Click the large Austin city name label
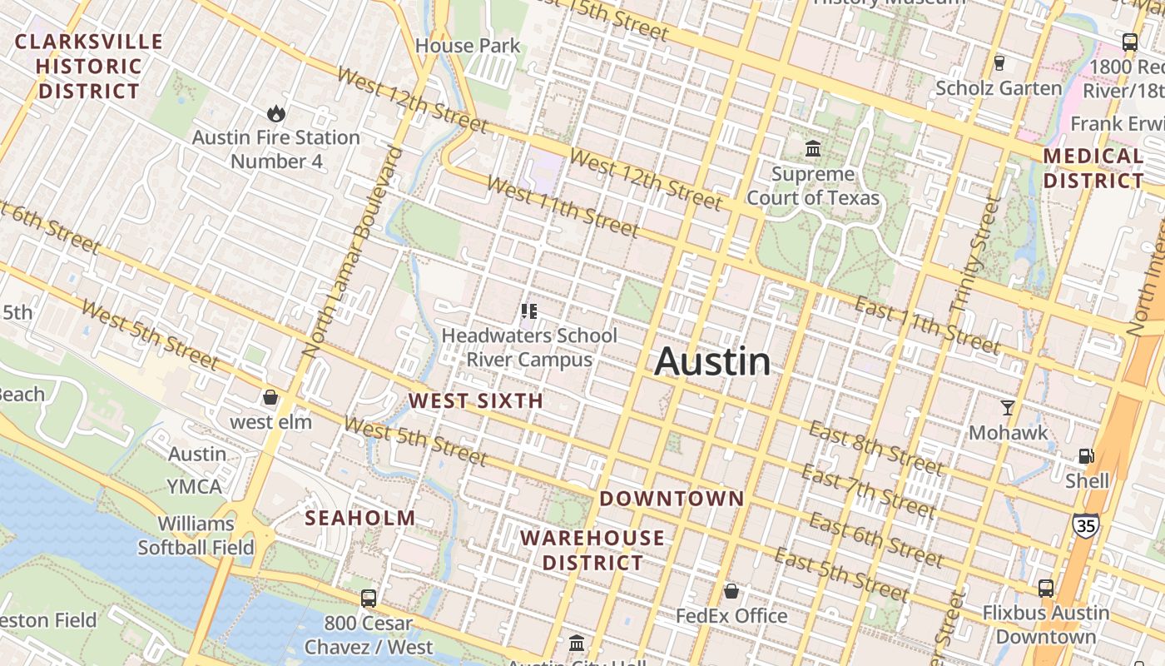(x=712, y=362)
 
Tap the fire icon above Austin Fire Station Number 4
(x=275, y=112)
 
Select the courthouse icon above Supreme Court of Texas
(x=813, y=149)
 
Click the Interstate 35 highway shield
(x=1085, y=525)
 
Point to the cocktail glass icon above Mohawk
(x=1008, y=408)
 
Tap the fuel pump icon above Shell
(x=1087, y=455)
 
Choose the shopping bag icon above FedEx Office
(x=731, y=591)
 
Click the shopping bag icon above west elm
(x=270, y=397)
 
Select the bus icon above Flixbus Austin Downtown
(x=1046, y=588)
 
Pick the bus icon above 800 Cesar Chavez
(x=369, y=598)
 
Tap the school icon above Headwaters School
(x=528, y=311)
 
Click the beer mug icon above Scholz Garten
(x=999, y=62)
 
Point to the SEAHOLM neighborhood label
(x=359, y=518)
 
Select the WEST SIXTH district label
(x=475, y=401)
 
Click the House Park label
(x=467, y=46)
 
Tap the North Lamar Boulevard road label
(x=353, y=251)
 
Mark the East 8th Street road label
(x=875, y=449)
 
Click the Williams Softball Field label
(x=196, y=535)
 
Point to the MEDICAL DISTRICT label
(x=1093, y=168)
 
